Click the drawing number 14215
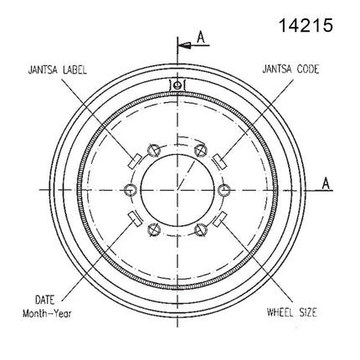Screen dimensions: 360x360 306,25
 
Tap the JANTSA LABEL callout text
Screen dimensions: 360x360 58,69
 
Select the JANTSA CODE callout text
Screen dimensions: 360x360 291,69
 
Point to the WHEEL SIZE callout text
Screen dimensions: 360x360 292,312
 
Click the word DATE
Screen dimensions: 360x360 44,300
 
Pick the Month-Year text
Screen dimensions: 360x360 47,313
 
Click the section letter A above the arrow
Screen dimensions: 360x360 201,38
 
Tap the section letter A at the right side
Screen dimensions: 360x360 326,183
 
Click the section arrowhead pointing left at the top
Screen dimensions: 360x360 185,45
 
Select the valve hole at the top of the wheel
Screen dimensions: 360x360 177,85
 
